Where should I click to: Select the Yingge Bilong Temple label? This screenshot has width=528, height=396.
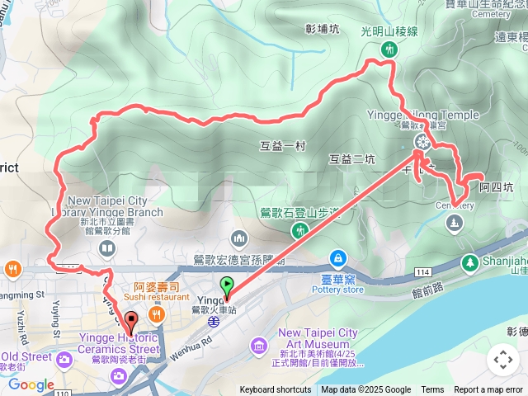coord(422,115)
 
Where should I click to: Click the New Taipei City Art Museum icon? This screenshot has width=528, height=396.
coord(259,343)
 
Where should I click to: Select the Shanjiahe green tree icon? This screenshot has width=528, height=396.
coord(469,262)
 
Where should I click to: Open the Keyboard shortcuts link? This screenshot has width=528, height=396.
coord(276,390)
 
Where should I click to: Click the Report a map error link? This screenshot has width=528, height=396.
coord(489,390)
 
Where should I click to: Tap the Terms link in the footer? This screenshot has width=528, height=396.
coord(432,390)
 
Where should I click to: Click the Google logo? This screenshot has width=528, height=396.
coord(31,384)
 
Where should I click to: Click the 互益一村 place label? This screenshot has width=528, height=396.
coord(282,146)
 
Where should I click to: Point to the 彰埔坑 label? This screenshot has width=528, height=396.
coord(322,30)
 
